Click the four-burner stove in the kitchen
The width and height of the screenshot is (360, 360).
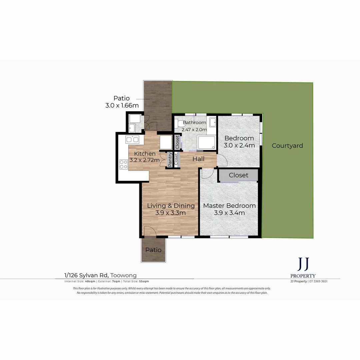[x=123, y=164]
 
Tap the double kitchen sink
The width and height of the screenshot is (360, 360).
[x=132, y=140]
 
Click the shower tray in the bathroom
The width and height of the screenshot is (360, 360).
[x=207, y=143]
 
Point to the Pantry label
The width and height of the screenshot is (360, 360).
[x=170, y=159]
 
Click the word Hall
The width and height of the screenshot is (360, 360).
[x=198, y=159]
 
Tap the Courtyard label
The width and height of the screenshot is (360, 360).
[x=287, y=146]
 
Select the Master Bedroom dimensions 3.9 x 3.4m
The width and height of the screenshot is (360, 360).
[x=229, y=213]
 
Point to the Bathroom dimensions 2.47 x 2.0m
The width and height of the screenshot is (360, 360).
[x=194, y=129]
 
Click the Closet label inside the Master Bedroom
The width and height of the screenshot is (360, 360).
[x=238, y=175]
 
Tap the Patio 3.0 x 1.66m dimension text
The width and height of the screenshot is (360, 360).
[x=122, y=105]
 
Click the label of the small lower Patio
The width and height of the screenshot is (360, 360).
[x=153, y=250]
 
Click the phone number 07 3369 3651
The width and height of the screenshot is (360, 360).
[x=318, y=281]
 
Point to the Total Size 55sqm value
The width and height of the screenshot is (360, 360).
[x=144, y=281]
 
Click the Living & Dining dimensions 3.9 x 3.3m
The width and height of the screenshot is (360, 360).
[x=170, y=213]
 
